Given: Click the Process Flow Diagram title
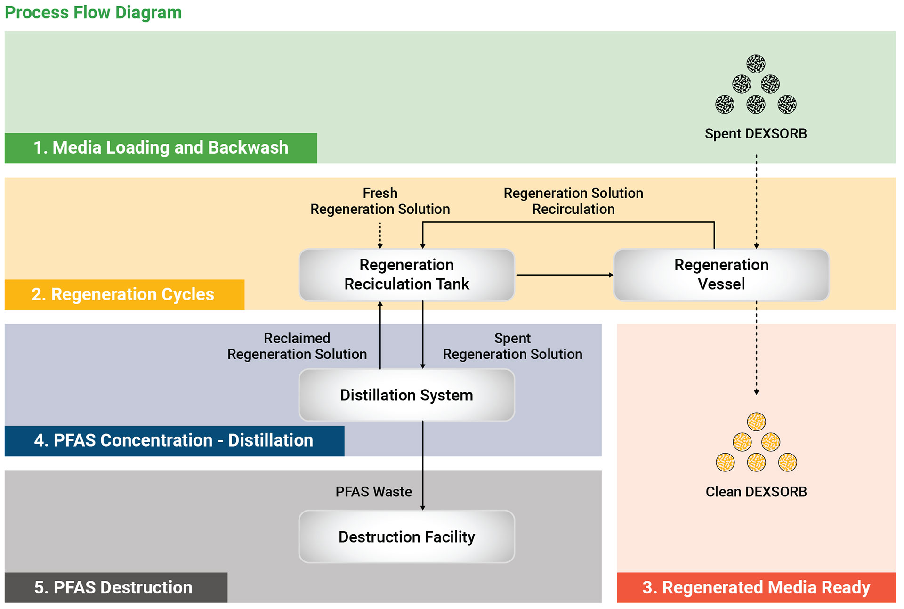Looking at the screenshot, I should coord(93,13).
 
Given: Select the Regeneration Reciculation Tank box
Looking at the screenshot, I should coord(407,275).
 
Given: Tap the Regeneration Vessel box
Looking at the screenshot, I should coord(721,275).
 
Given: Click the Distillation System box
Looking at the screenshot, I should coord(407,395).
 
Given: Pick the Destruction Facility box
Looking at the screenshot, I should coord(407,537).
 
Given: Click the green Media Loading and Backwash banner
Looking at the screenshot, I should coord(161,148).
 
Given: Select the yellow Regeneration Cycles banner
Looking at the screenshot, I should coord(123,294).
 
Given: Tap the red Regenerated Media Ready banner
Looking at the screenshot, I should coord(756,587).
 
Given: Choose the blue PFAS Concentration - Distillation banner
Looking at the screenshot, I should coord(174,440).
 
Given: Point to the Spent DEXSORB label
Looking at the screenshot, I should coord(756,134).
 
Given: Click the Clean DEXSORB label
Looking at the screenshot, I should coord(756,492).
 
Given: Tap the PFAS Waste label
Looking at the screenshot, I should coord(373,492).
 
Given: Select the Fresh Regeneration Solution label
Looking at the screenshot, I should coord(380,201).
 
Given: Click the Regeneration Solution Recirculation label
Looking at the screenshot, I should coord(573,201).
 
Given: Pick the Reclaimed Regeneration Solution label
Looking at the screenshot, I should coord(297,346).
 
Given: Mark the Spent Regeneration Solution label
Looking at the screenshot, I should coord(512,346).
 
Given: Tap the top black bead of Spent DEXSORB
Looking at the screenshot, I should coord(756,64).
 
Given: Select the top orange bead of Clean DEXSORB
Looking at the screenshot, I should coord(756,422).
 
